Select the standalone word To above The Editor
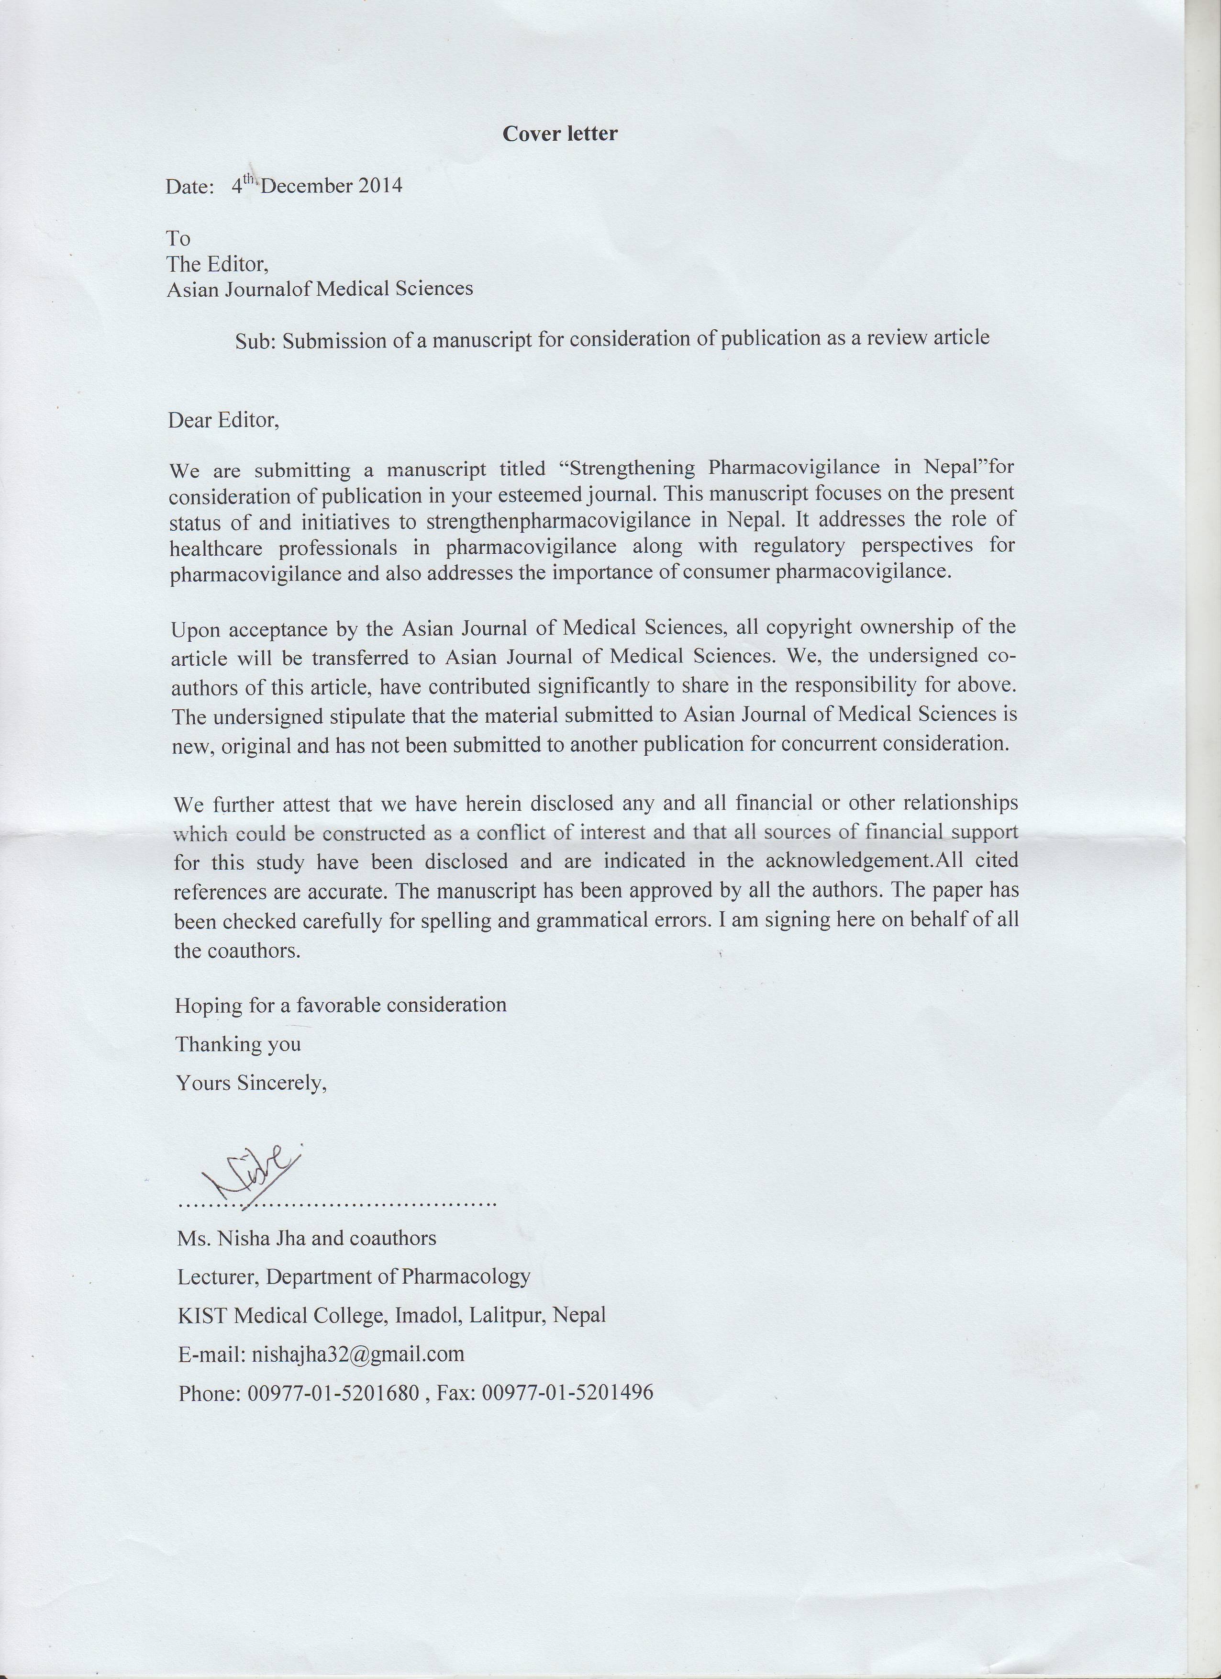(x=178, y=238)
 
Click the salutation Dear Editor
(x=223, y=421)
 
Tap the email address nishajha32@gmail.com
(x=358, y=1354)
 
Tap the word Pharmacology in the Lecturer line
(x=466, y=1276)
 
